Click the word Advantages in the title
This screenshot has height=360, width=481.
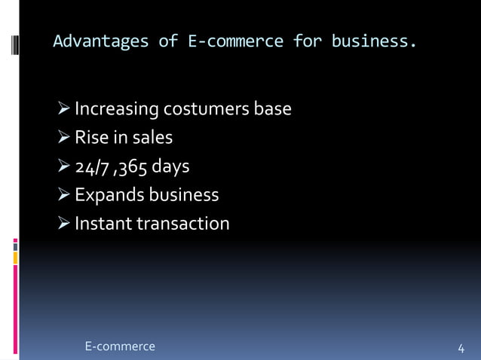click(x=100, y=41)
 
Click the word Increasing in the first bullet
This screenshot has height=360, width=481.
click(x=116, y=110)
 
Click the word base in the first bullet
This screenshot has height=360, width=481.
click(x=272, y=110)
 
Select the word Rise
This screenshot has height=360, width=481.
click(x=90, y=138)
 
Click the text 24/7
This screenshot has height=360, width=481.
click(x=90, y=166)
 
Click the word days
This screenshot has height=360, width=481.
click(x=170, y=166)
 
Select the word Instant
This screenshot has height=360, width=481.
click(x=103, y=224)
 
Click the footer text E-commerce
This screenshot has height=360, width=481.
click(x=120, y=346)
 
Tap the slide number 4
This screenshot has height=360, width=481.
click(x=461, y=348)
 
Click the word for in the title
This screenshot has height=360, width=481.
click(x=307, y=41)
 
